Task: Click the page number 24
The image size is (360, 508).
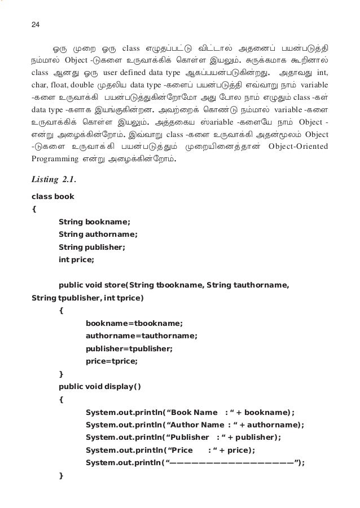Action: pos(36,25)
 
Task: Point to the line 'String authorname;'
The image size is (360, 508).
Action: pos(98,235)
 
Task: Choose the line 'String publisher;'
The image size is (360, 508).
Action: pos(91,247)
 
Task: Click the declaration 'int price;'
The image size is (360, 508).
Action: pos(76,259)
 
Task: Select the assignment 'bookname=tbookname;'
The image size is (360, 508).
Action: pos(134,324)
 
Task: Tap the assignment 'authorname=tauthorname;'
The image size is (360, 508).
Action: pos(141,336)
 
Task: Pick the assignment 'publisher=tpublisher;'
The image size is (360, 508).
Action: pos(129,348)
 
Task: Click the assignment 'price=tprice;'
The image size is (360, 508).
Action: pos(112,361)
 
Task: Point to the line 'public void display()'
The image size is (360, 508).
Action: pos(100,386)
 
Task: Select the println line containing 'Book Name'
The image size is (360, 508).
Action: pos(190,412)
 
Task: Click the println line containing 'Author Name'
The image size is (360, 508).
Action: pos(195,425)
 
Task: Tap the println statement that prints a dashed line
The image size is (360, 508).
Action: pos(195,463)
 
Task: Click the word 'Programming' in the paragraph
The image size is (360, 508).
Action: pos(54,159)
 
